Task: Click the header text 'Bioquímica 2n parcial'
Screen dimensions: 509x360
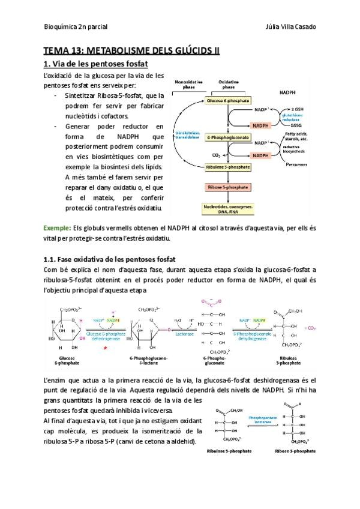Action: pyautogui.click(x=73, y=27)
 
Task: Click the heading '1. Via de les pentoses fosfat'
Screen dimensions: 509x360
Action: pyautogui.click(x=95, y=64)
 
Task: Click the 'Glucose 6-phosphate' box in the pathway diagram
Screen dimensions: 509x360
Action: pyautogui.click(x=228, y=101)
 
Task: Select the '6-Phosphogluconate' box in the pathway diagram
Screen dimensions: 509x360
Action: pyautogui.click(x=228, y=137)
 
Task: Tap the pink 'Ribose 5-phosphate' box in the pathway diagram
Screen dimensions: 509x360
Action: pyautogui.click(x=228, y=187)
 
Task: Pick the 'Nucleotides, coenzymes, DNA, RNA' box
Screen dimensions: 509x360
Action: pyautogui.click(x=228, y=208)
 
